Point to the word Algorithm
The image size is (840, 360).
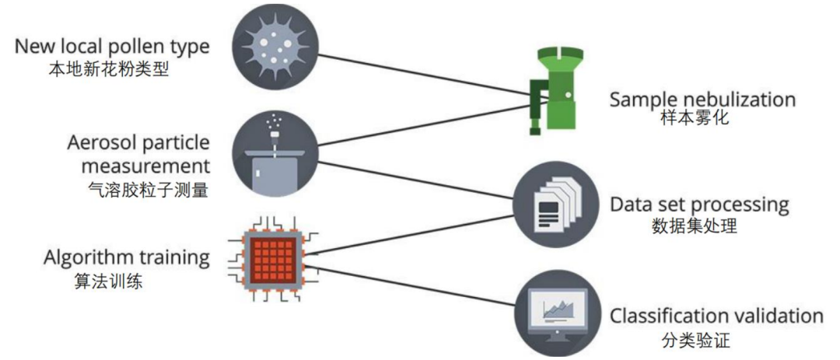click(85, 257)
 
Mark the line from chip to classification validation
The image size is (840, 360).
click(412, 285)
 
